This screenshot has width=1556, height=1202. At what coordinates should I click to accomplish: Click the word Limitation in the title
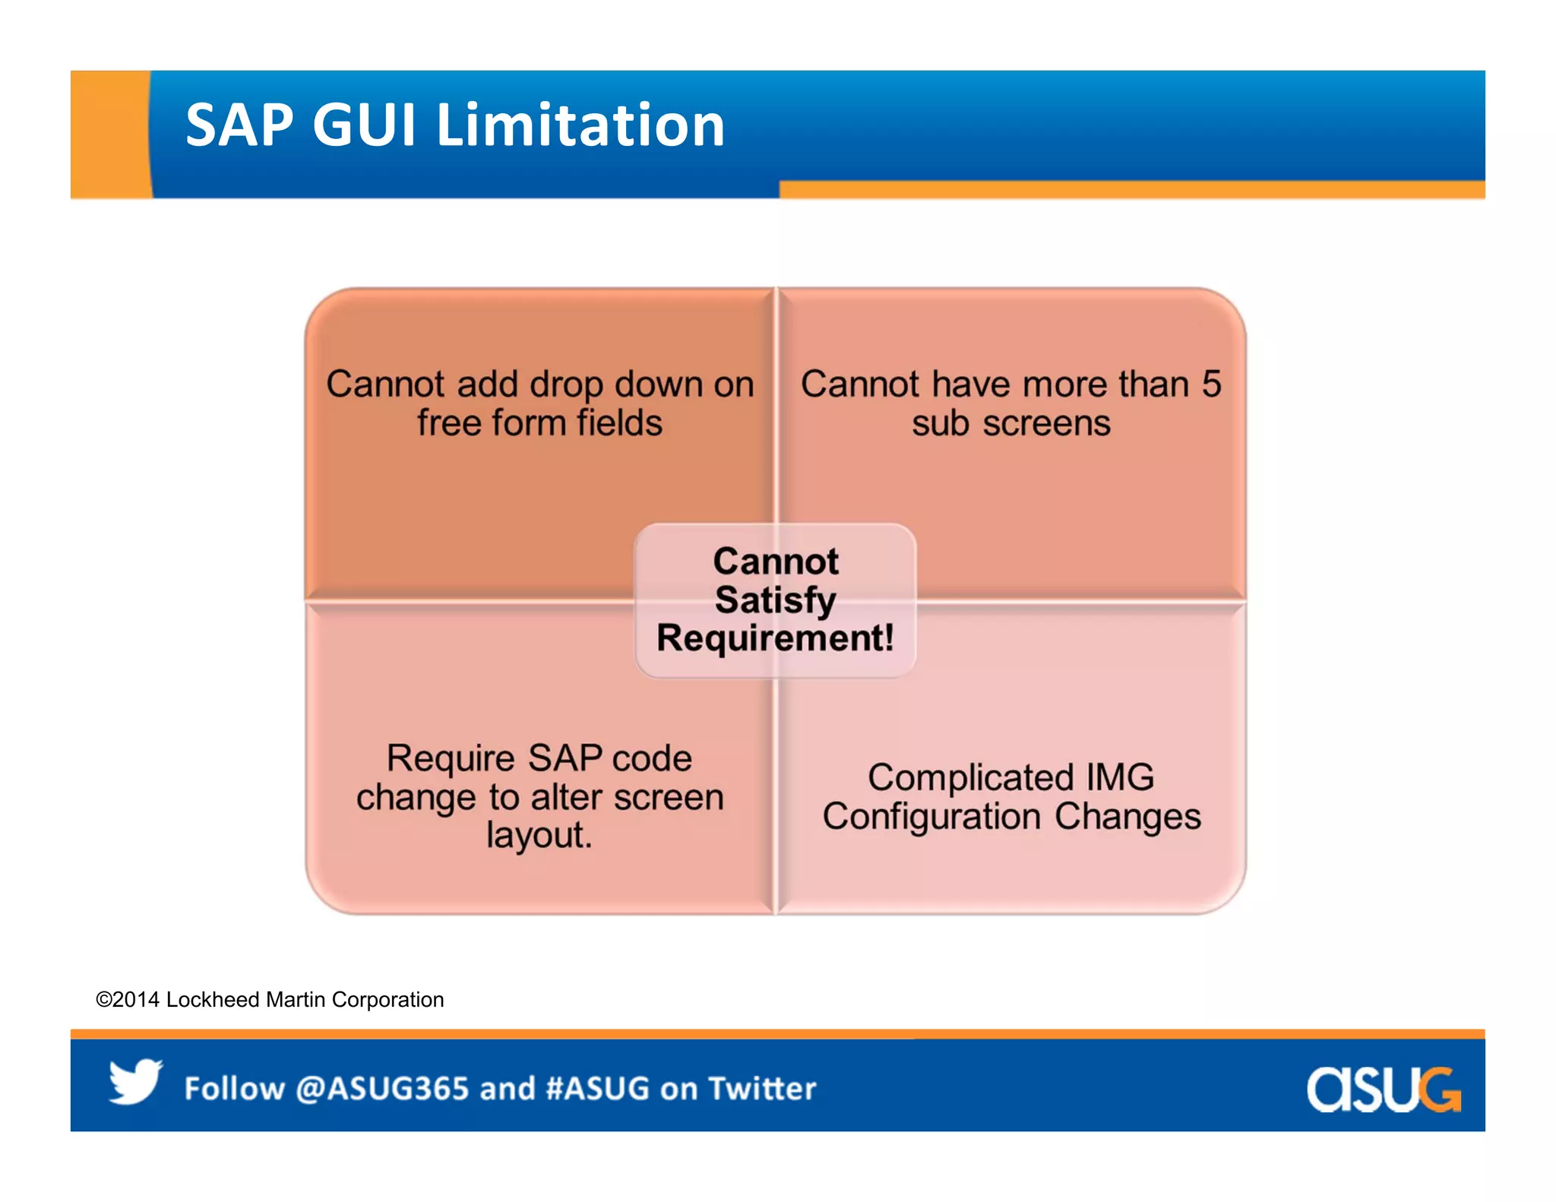[x=580, y=125]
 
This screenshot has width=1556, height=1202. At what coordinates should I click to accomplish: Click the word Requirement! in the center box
[x=775, y=638]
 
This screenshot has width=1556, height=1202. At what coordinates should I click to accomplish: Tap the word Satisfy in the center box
[x=775, y=600]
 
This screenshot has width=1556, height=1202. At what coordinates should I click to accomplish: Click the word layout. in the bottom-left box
[x=539, y=835]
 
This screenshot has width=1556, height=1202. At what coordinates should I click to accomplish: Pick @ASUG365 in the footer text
[x=382, y=1089]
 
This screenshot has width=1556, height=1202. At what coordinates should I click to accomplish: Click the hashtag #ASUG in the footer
[x=598, y=1089]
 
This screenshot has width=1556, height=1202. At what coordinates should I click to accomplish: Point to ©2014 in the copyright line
[x=127, y=1000]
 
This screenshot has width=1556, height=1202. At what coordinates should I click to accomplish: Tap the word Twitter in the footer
[x=762, y=1089]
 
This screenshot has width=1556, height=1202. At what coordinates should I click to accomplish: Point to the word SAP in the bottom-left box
[x=565, y=758]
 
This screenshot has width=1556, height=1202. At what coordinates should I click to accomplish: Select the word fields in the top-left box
[x=619, y=423]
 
